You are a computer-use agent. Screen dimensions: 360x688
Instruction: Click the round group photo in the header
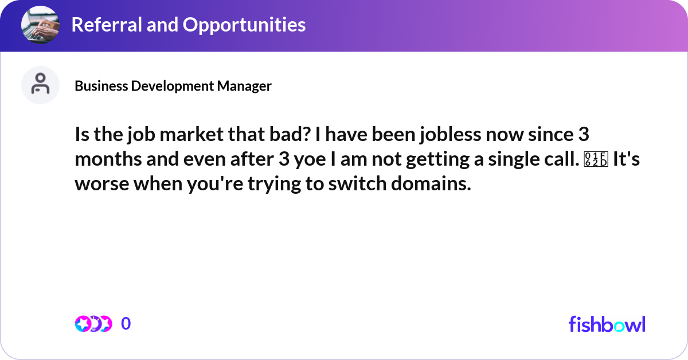pyautogui.click(x=40, y=25)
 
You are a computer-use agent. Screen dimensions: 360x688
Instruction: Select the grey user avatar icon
pyautogui.click(x=40, y=85)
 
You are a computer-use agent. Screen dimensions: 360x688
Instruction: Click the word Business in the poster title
pyautogui.click(x=101, y=86)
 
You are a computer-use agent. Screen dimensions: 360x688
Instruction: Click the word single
pyautogui.click(x=505, y=160)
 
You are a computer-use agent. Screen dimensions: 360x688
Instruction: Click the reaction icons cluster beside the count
pyautogui.click(x=93, y=324)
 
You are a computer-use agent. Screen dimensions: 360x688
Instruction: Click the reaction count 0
pyautogui.click(x=126, y=324)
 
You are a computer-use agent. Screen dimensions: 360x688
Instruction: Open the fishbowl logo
pyautogui.click(x=607, y=324)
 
